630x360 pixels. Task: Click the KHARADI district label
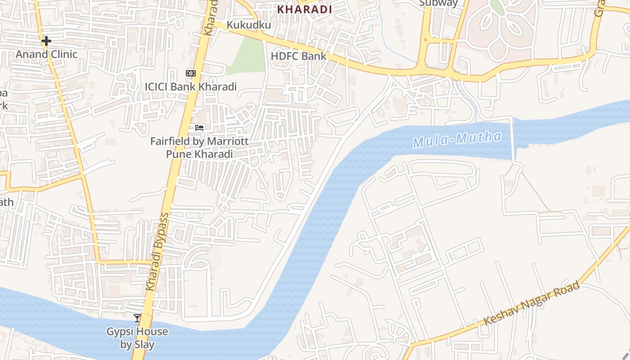point(305,9)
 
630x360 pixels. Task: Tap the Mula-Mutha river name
point(457,140)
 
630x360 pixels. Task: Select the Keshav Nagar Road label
point(531,304)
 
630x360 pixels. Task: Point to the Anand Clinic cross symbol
point(46,41)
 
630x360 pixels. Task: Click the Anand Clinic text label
point(46,54)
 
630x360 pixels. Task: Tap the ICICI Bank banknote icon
point(191,73)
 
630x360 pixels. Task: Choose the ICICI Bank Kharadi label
point(191,86)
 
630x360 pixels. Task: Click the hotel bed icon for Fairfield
point(199,128)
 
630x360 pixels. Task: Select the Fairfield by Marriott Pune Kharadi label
point(199,148)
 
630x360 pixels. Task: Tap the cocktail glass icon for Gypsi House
point(137,318)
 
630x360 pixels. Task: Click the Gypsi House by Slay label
point(137,338)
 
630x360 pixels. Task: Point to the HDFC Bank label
point(298,56)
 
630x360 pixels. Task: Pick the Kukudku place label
point(249,25)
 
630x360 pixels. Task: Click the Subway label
point(438,3)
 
